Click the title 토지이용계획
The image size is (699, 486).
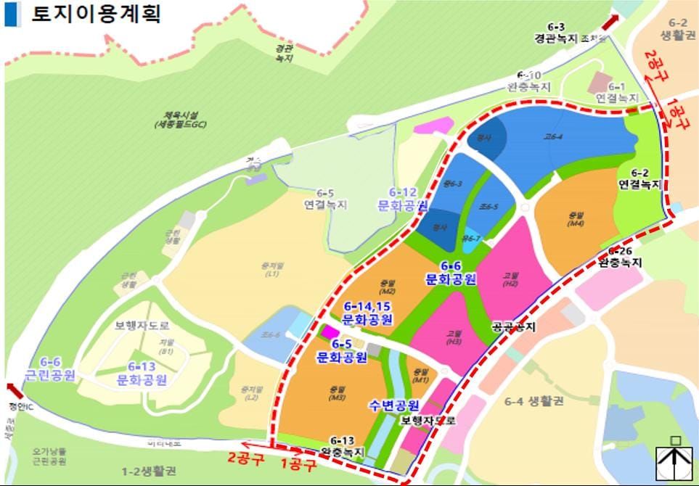click(x=95, y=15)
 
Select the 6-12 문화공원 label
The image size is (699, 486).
click(x=402, y=199)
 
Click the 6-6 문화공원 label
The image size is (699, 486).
click(x=450, y=273)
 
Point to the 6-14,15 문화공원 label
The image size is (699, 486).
click(x=367, y=313)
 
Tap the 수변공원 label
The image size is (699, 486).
click(x=393, y=405)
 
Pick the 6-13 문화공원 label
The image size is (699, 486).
click(x=142, y=373)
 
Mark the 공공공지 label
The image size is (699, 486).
click(x=513, y=327)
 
